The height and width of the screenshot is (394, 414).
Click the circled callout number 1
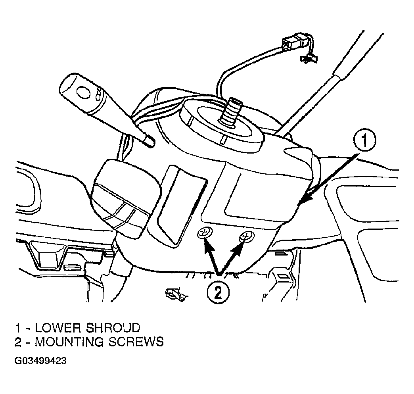(x=365, y=140)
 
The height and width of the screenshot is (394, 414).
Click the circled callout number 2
(x=218, y=292)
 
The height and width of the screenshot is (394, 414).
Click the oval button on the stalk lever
(x=84, y=93)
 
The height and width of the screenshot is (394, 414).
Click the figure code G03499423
(x=40, y=361)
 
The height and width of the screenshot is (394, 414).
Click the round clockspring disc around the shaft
(x=221, y=124)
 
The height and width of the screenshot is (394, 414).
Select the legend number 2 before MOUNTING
(x=18, y=342)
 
